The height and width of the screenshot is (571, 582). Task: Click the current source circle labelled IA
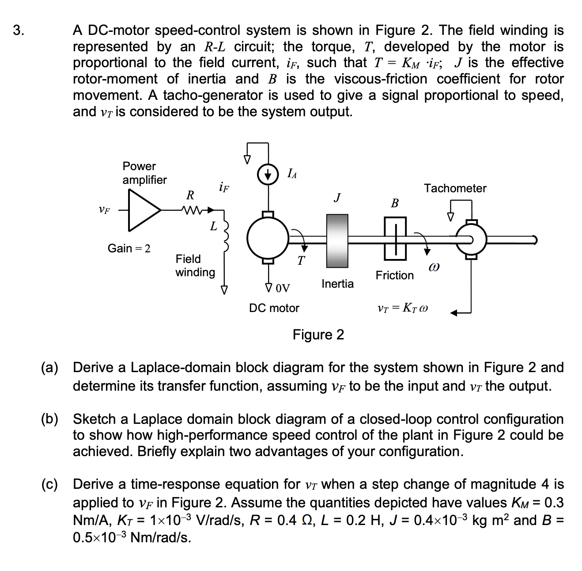point(267,174)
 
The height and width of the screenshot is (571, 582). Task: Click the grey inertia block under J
point(337,241)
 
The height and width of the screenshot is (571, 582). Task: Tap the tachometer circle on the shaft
point(471,239)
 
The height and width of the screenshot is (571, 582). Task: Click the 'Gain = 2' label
point(129,248)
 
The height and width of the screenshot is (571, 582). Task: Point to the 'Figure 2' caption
point(318,335)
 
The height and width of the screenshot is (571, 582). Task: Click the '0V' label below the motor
point(282,289)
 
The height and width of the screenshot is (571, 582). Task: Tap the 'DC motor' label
point(274,308)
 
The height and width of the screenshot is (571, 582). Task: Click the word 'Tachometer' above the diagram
point(455,188)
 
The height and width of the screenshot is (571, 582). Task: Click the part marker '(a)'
point(50,368)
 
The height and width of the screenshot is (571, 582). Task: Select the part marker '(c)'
point(50,484)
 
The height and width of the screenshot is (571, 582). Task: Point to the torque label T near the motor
point(301,260)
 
